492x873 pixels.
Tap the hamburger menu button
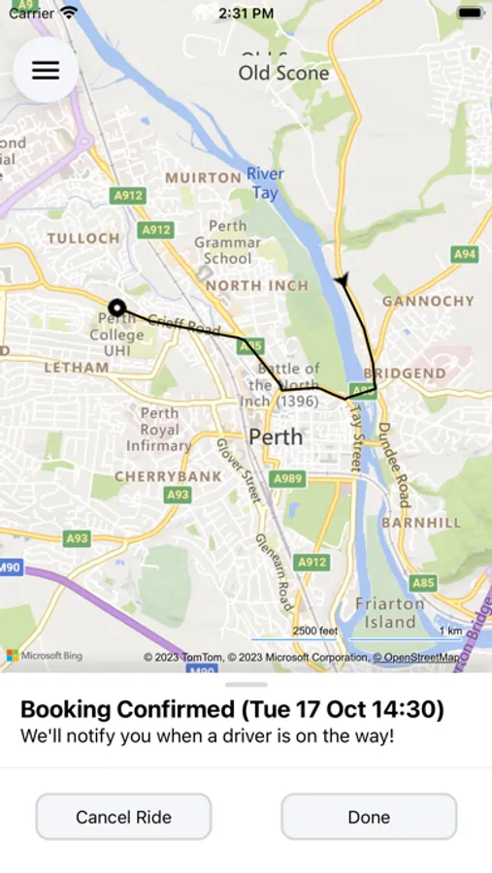(x=46, y=71)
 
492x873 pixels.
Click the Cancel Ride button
(x=123, y=817)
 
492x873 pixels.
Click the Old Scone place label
(x=283, y=73)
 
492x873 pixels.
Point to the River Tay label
(x=265, y=183)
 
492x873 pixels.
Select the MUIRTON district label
(x=203, y=178)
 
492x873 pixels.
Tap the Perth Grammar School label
(x=227, y=242)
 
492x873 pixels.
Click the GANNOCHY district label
(x=428, y=301)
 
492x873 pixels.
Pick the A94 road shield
(x=465, y=254)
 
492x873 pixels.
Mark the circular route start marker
(x=116, y=307)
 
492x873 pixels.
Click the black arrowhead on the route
(x=342, y=280)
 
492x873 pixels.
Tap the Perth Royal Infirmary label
(x=159, y=430)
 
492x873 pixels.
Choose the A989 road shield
(x=287, y=478)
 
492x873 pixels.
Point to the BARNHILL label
(x=421, y=522)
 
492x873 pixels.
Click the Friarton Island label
(x=389, y=612)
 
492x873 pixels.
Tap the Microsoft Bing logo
(x=45, y=656)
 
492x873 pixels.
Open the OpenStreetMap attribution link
(x=421, y=658)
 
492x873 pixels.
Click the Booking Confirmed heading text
(x=232, y=709)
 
